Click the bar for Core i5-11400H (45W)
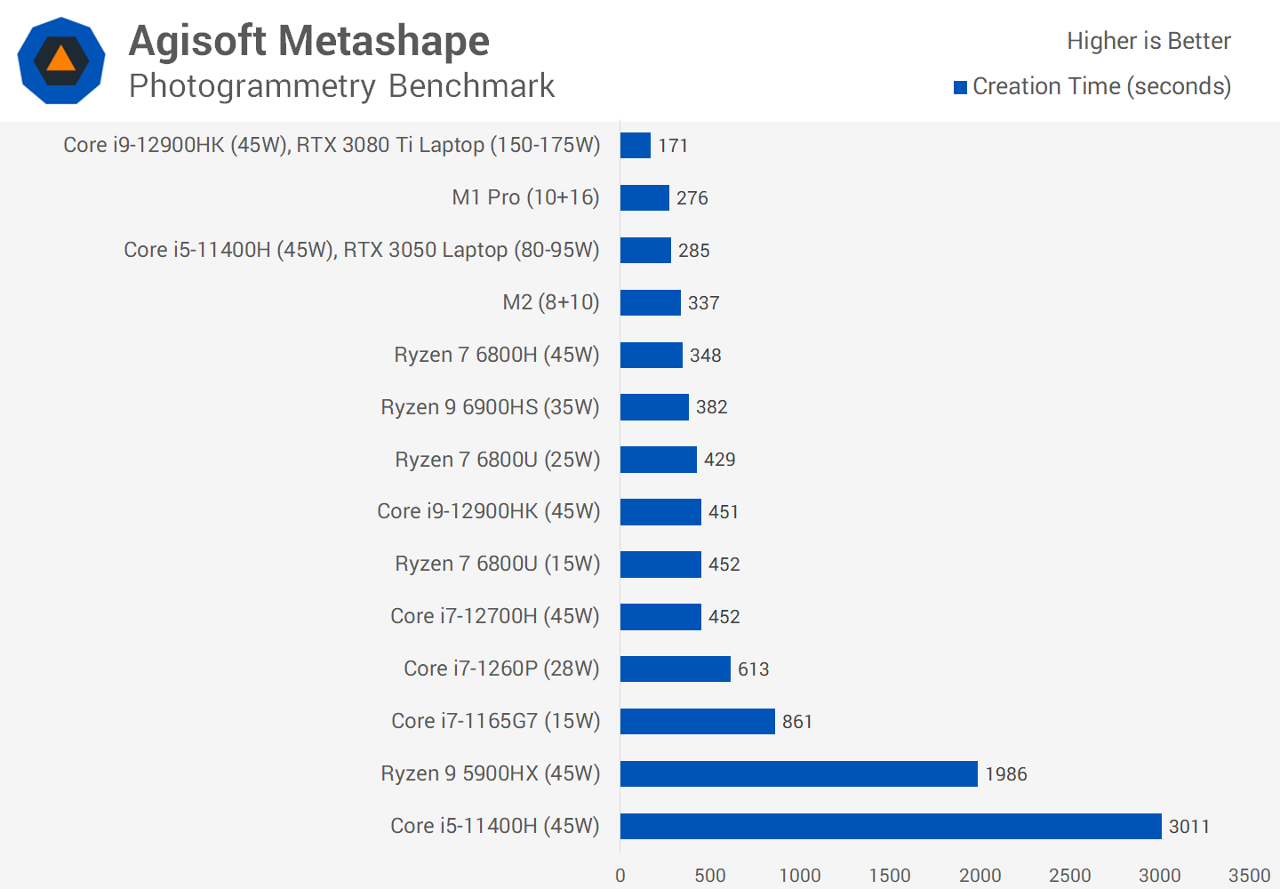pyautogui.click(x=891, y=826)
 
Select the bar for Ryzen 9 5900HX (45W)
pyautogui.click(x=798, y=773)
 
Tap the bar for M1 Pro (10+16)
pyautogui.click(x=644, y=197)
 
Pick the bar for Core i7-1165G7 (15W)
pyautogui.click(x=697, y=721)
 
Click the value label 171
pyautogui.click(x=673, y=146)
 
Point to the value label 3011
pyautogui.click(x=1188, y=827)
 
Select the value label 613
pyautogui.click(x=753, y=669)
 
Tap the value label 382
pyautogui.click(x=711, y=407)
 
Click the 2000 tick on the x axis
pyautogui.click(x=980, y=876)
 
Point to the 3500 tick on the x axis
pyautogui.click(x=1249, y=876)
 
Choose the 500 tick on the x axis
pyautogui.click(x=710, y=876)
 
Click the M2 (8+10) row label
pyautogui.click(x=551, y=302)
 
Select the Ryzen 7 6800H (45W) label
pyautogui.click(x=497, y=355)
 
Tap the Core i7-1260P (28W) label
pyautogui.click(x=501, y=669)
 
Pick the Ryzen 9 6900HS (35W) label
pyautogui.click(x=490, y=407)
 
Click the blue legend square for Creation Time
pyautogui.click(x=960, y=87)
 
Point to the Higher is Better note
pyautogui.click(x=1148, y=41)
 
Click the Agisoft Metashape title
pyautogui.click(x=309, y=41)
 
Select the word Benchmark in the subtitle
pyautogui.click(x=471, y=86)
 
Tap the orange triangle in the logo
pyautogui.click(x=61, y=60)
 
